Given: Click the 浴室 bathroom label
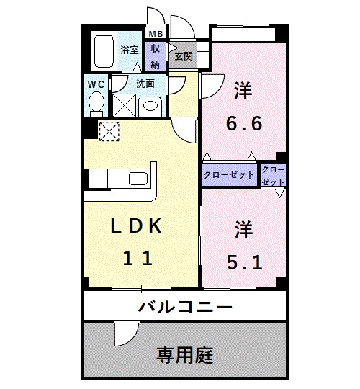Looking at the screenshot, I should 130,51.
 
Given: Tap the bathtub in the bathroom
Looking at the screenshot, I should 104,51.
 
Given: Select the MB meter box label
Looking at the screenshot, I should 155,34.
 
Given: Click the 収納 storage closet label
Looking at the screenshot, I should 155,55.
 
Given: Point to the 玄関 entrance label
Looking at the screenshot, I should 183,56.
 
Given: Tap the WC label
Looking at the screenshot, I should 95,84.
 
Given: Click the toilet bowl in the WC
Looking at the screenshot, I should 95,104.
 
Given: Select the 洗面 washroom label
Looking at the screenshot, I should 145,84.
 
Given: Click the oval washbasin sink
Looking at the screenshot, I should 150,105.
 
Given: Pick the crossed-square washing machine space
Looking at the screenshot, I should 125,105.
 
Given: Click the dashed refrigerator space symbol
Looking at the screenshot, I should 110,130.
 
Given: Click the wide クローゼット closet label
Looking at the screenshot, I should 229,174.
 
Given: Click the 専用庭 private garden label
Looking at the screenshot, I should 185,355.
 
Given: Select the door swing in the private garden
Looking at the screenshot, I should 125,333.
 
